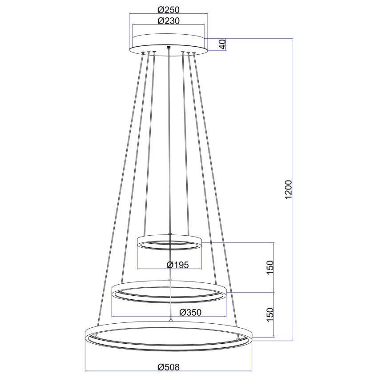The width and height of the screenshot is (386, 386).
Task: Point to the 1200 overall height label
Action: coord(288,190)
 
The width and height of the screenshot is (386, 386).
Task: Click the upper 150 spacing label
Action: coord(270,267)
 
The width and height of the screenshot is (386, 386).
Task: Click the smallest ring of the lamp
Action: coord(169,243)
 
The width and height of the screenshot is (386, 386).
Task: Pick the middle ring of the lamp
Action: coord(169,291)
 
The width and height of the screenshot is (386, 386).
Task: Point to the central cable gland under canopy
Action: coord(168,47)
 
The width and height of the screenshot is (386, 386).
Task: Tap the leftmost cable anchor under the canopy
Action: coord(142,53)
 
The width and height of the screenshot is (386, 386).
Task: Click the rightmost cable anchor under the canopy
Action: coord(194,54)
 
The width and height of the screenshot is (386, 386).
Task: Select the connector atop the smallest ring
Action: coord(170,234)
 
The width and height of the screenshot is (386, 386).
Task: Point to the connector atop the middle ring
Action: coord(170,279)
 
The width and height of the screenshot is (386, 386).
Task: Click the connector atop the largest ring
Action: coord(171,320)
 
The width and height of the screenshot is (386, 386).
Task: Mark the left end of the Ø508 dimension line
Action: coord(85,371)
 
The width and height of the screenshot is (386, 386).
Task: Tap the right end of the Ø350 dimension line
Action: coord(226,316)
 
